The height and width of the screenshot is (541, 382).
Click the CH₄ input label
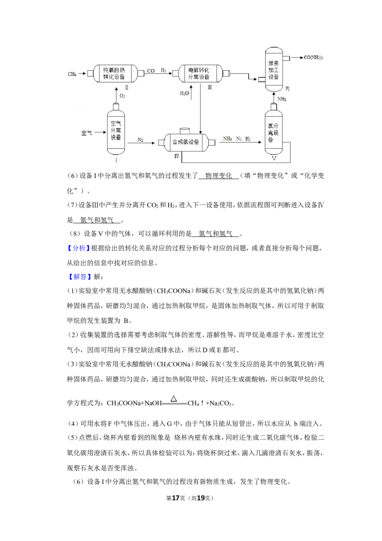click(x=72, y=74)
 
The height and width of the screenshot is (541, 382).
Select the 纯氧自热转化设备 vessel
click(x=116, y=74)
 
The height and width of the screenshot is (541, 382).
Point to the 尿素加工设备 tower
click(x=274, y=70)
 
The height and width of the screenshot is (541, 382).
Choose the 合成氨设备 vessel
click(x=186, y=141)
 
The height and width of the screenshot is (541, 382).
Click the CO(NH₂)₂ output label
click(x=313, y=57)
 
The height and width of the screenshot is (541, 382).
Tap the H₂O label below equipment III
click(x=184, y=93)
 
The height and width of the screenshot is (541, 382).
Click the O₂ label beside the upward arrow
click(x=122, y=96)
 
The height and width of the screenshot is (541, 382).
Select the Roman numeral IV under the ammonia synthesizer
click(x=177, y=156)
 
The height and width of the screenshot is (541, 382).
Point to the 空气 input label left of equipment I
click(x=86, y=132)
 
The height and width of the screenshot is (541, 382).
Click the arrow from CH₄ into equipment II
click(x=82, y=74)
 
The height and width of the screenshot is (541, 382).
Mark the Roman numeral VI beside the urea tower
click(x=287, y=89)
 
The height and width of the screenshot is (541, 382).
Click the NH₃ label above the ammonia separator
click(x=282, y=99)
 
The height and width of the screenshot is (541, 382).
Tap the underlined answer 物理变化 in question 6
click(x=219, y=175)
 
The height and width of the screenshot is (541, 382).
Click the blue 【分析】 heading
click(x=78, y=248)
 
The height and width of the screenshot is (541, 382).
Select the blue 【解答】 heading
click(x=80, y=277)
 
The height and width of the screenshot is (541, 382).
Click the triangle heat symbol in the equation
click(x=174, y=399)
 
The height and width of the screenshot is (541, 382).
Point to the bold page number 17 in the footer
click(x=176, y=498)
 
